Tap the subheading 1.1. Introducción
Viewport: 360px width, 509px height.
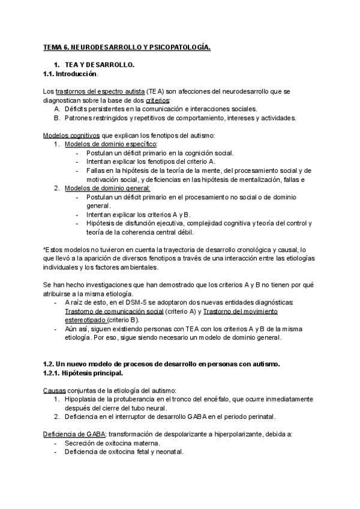[70, 74]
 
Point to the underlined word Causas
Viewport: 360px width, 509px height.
[55, 390]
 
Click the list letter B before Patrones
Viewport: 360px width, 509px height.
[56, 118]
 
